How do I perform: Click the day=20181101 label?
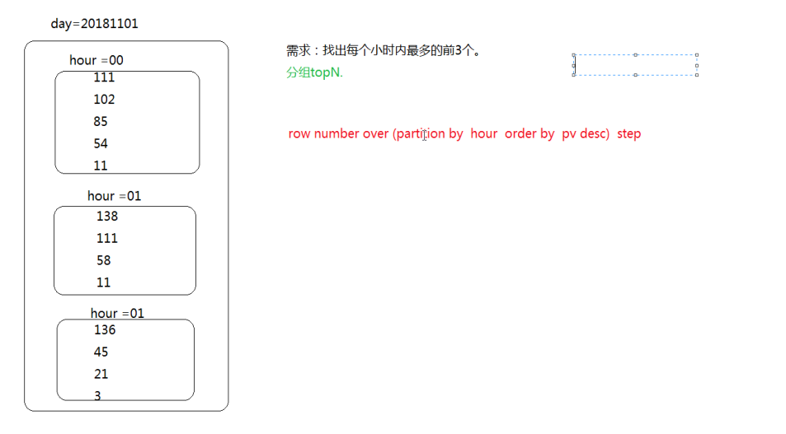94,24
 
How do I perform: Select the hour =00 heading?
96,60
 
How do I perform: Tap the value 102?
105,100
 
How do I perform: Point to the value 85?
101,122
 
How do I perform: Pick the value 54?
101,143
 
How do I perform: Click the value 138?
107,217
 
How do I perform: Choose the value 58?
104,260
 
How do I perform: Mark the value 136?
105,330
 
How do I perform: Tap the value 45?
101,352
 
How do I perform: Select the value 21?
101,374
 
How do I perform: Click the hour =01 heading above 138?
115,196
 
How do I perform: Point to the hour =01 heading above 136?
117,313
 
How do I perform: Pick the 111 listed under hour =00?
104,78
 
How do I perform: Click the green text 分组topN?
314,72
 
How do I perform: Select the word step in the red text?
628,133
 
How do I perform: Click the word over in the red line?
376,133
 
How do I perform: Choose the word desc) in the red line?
594,133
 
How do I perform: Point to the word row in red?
299,133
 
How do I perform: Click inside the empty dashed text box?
635,65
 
